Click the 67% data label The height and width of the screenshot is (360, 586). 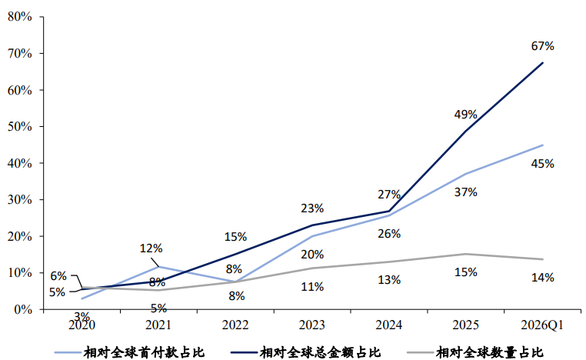point(542,46)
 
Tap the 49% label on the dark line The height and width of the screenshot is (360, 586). point(466,115)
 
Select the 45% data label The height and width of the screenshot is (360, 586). point(542,163)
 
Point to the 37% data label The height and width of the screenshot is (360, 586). point(466,192)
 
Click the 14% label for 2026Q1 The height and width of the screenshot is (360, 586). point(542,278)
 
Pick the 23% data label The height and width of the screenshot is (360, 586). point(312,208)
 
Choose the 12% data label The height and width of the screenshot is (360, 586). point(151,248)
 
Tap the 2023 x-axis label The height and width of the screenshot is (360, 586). point(312,325)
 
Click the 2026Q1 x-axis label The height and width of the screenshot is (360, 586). point(542,325)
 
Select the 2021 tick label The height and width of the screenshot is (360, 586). point(158,325)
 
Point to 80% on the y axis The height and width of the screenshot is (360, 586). point(20,17)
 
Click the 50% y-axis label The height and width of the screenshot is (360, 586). point(20,126)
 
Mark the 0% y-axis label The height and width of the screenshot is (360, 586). point(23,309)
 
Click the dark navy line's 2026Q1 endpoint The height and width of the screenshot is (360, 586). point(543,63)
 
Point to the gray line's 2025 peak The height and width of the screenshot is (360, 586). point(466,254)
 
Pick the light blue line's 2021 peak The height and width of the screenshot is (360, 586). point(159,267)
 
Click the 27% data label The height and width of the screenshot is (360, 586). point(389,195)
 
